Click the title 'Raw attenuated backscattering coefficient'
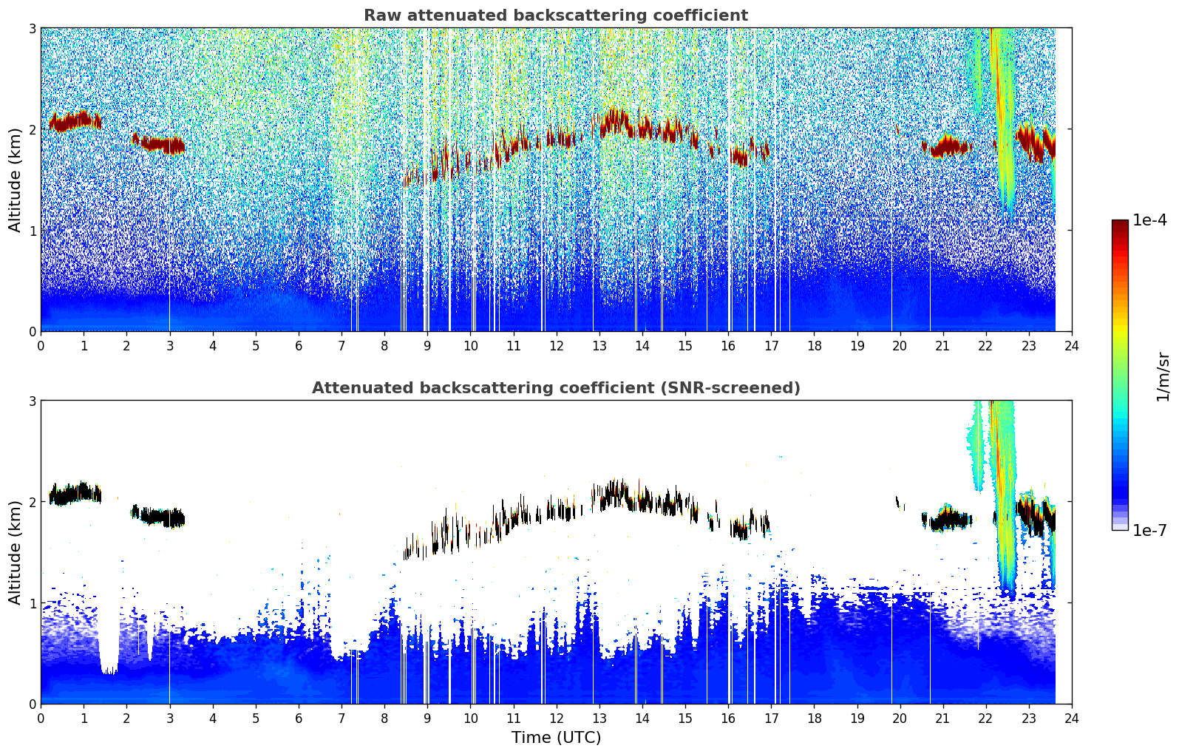[555, 16]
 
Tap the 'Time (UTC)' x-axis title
[556, 738]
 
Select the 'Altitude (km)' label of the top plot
[15, 180]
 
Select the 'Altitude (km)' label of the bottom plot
[15, 552]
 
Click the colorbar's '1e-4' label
[1149, 220]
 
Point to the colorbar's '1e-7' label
[1149, 530]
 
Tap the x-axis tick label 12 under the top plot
[556, 345]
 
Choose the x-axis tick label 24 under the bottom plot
[1072, 718]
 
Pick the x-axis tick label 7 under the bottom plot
[342, 718]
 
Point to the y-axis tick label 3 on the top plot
[32, 28]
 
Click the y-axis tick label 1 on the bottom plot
[32, 603]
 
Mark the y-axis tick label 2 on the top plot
[32, 129]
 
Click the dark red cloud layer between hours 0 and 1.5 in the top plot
[74, 120]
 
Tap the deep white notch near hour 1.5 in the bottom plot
[109, 651]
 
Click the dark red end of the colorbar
[1120, 225]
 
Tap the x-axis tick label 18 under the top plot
[814, 345]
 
